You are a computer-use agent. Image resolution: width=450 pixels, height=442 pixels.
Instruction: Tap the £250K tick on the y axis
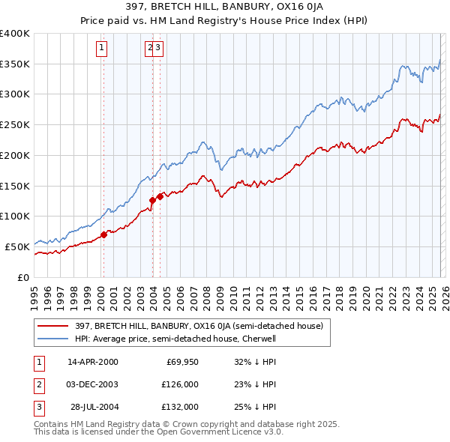tap(15, 125)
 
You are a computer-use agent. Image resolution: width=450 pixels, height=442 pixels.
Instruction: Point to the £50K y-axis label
tap(17, 246)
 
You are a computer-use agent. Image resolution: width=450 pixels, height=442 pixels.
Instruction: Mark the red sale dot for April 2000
tap(103, 234)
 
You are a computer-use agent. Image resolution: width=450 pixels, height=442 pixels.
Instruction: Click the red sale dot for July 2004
tap(160, 197)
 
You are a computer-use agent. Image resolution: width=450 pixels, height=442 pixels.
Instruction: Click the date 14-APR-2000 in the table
tap(93, 362)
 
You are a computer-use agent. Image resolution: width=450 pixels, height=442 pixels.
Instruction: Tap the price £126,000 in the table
tap(179, 384)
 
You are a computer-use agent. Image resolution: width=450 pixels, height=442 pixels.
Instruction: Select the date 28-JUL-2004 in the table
tap(94, 407)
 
